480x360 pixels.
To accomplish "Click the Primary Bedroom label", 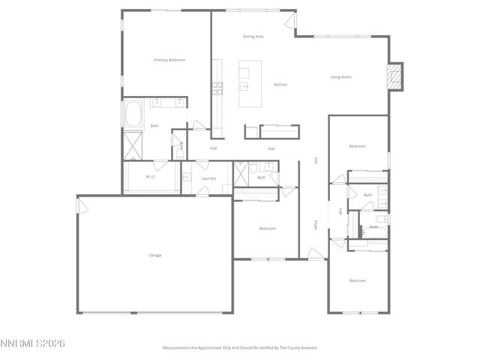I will pyautogui.click(x=169, y=60).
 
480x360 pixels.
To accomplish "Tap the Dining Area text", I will pyautogui.click(x=253, y=36).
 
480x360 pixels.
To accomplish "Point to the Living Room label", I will pyautogui.click(x=341, y=76).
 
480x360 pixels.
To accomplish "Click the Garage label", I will pyautogui.click(x=154, y=255).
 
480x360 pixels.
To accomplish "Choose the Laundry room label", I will pyautogui.click(x=208, y=178).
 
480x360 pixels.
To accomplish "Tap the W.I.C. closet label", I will pyautogui.click(x=150, y=177).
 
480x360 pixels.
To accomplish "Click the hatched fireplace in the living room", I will pyautogui.click(x=394, y=76).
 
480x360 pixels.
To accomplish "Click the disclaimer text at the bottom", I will pyautogui.click(x=240, y=347).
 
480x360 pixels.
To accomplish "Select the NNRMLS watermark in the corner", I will pyautogui.click(x=33, y=343).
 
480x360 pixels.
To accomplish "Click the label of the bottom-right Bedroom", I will pyautogui.click(x=357, y=280).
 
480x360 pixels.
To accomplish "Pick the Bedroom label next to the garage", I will pyautogui.click(x=268, y=228).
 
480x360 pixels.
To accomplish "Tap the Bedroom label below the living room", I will pyautogui.click(x=357, y=146).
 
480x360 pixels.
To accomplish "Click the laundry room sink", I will pyautogui.click(x=187, y=178).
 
